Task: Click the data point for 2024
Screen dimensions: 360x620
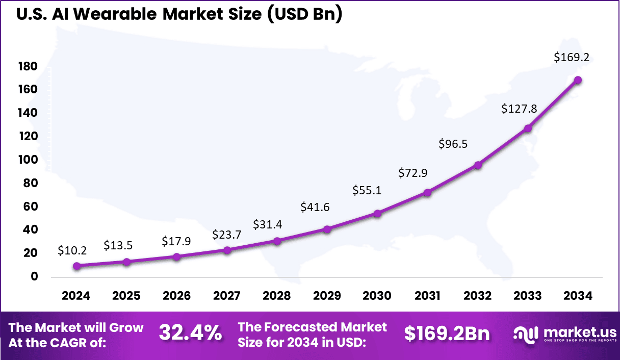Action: [x=76, y=266]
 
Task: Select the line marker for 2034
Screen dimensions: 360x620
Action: [x=578, y=80]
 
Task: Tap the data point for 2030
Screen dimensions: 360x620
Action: [x=377, y=214]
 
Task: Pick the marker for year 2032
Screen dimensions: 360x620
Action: [x=478, y=165]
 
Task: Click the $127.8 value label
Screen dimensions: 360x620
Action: [x=519, y=109]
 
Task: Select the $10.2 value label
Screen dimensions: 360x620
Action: [x=72, y=250]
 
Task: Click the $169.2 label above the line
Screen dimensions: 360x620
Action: [x=572, y=58]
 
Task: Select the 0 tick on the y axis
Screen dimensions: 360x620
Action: [x=34, y=277]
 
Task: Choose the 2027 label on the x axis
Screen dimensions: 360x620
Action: [x=227, y=296]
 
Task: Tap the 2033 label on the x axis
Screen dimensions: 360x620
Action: [x=528, y=296]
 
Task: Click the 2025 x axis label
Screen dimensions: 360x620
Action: [x=126, y=296]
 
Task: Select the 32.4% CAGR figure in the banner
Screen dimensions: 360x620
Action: [x=190, y=333]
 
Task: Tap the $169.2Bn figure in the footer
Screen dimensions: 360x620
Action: [x=447, y=333]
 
